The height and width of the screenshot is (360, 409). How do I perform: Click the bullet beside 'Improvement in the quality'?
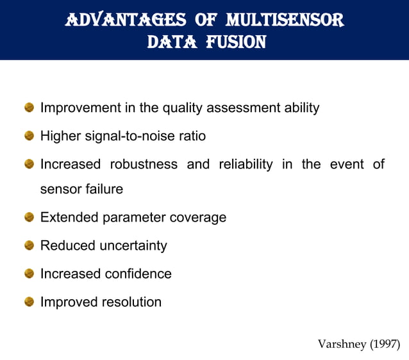pos(29,108)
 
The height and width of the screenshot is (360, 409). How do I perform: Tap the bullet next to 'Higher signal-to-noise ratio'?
pos(29,136)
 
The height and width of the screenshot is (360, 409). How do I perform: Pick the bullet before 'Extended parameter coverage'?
pos(29,217)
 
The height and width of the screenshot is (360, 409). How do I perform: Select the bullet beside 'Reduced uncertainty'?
pos(29,245)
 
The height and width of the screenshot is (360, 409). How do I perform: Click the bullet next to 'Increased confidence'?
pos(29,274)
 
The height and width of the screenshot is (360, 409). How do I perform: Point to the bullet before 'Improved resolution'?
pos(29,302)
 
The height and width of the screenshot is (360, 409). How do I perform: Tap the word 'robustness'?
pos(144,164)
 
